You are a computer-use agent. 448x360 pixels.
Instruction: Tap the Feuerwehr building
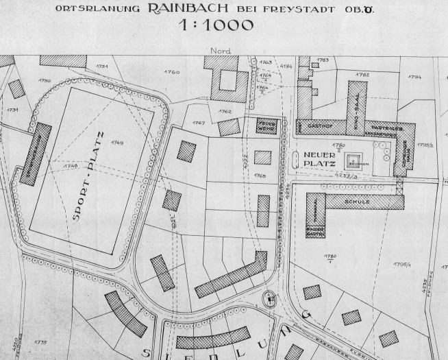266,125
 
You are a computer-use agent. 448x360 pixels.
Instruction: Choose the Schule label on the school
362,202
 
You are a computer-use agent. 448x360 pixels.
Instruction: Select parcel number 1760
172,72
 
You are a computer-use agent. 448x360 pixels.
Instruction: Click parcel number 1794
414,77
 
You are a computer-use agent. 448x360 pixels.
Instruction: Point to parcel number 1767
199,123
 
